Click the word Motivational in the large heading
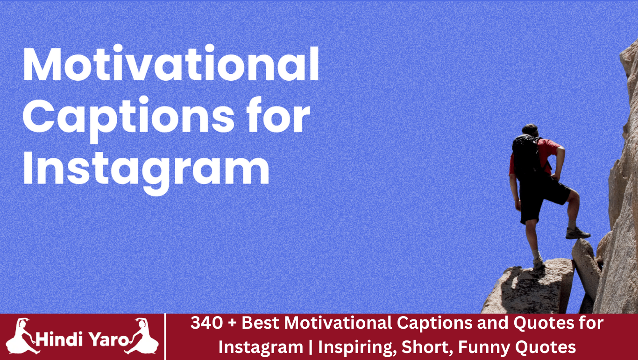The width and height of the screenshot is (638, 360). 171,65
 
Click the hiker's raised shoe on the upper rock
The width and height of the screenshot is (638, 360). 577,233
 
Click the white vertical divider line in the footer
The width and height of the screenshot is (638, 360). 166,337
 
